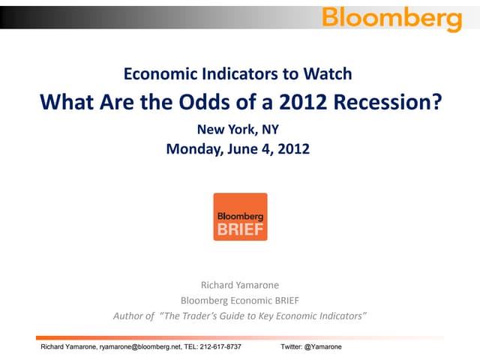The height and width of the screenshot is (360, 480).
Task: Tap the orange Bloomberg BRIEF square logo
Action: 240,217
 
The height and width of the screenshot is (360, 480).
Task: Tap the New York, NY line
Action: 238,129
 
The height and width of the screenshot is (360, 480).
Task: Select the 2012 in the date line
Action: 293,148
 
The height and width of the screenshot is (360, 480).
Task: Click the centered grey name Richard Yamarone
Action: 239,284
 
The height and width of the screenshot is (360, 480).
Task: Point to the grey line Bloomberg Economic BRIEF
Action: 239,300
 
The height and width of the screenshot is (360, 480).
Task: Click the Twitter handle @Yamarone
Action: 324,347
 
